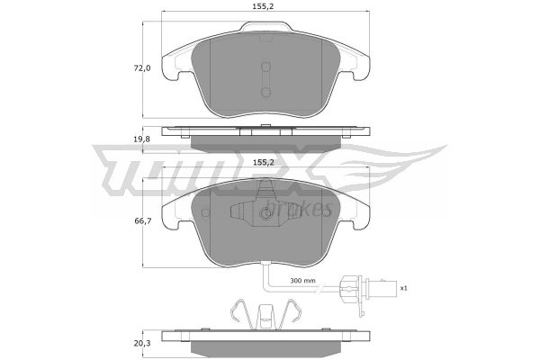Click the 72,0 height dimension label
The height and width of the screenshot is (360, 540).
pos(142,68)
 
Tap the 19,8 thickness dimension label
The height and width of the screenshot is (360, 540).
pos(142,139)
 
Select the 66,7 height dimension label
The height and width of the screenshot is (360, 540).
pos(142,220)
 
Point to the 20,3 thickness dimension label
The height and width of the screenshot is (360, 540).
pos(142,344)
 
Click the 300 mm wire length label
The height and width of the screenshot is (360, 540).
pos(302,281)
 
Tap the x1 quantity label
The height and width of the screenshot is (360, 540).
pos(403,288)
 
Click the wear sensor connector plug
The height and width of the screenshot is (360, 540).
pos(367,288)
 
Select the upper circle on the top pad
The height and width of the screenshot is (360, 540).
pos(265,67)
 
